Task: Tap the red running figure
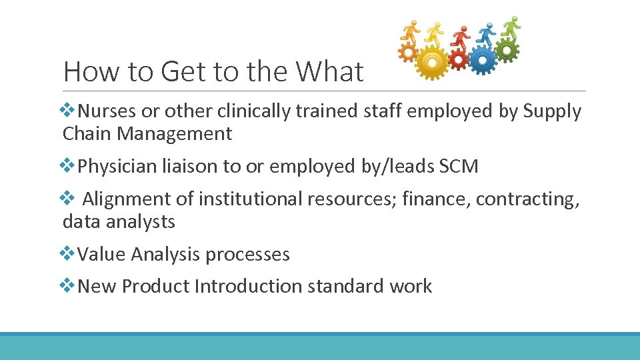(460, 37)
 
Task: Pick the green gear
(507, 49)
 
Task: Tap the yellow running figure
(435, 33)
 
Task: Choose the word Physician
(117, 166)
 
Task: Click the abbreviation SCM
(459, 166)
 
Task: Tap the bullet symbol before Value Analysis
(69, 253)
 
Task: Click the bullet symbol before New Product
(69, 285)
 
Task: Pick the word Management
(175, 134)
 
